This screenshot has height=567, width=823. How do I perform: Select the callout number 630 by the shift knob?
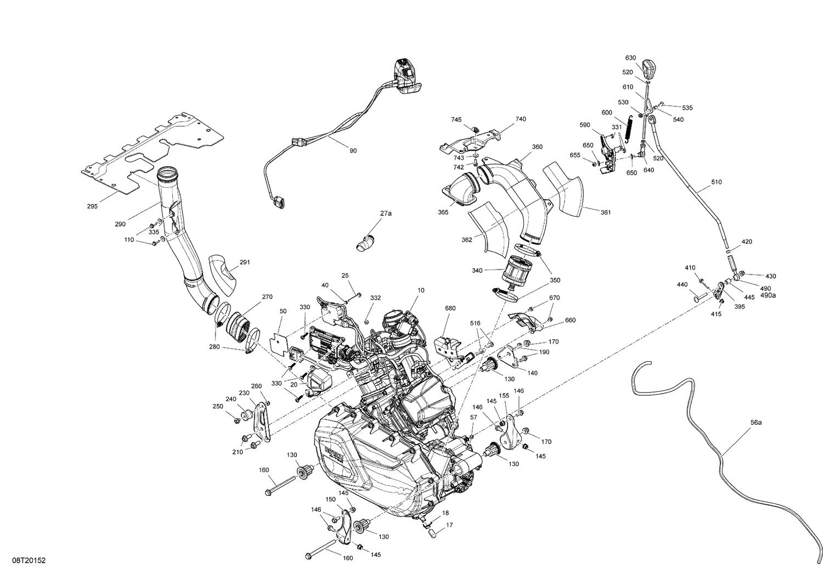(630, 58)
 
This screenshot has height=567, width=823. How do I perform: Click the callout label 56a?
(756, 423)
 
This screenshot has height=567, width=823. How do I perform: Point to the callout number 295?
(92, 206)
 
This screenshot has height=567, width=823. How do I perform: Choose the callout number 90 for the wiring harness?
(353, 150)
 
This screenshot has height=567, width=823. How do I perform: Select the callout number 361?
(605, 212)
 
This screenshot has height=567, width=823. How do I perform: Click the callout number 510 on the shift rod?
(717, 182)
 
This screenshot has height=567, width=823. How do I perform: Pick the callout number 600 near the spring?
(607, 113)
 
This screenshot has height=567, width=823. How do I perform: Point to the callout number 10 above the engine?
(421, 290)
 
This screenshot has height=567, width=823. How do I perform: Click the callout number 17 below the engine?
(449, 525)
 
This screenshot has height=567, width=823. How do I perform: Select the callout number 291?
(245, 262)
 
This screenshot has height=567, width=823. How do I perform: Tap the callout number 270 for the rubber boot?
(267, 297)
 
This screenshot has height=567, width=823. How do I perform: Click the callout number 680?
(450, 308)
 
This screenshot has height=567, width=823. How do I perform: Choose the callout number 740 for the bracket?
(521, 119)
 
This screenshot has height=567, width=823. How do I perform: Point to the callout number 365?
(443, 212)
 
